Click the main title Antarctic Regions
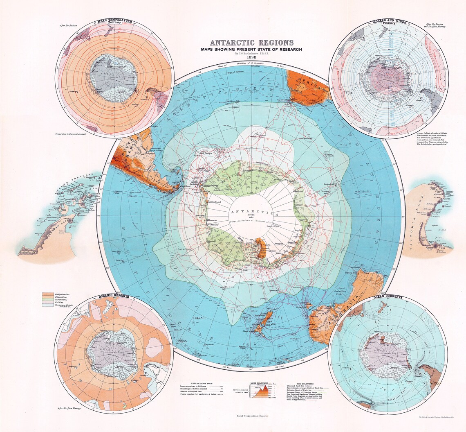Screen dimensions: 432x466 pyautogui.click(x=251, y=43)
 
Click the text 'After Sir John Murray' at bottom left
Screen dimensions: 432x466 pyautogui.click(x=70, y=408)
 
